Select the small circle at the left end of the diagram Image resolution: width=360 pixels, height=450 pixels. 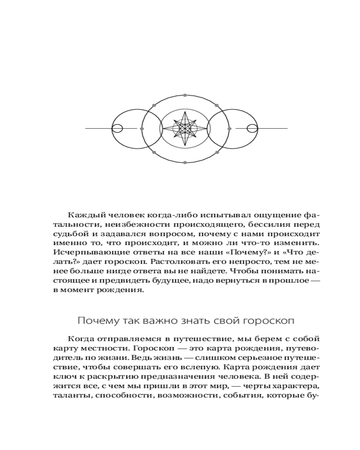click(x=117, y=129)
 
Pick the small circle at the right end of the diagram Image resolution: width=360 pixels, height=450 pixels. click(x=253, y=129)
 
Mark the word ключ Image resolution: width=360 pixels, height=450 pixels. click(x=62, y=377)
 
